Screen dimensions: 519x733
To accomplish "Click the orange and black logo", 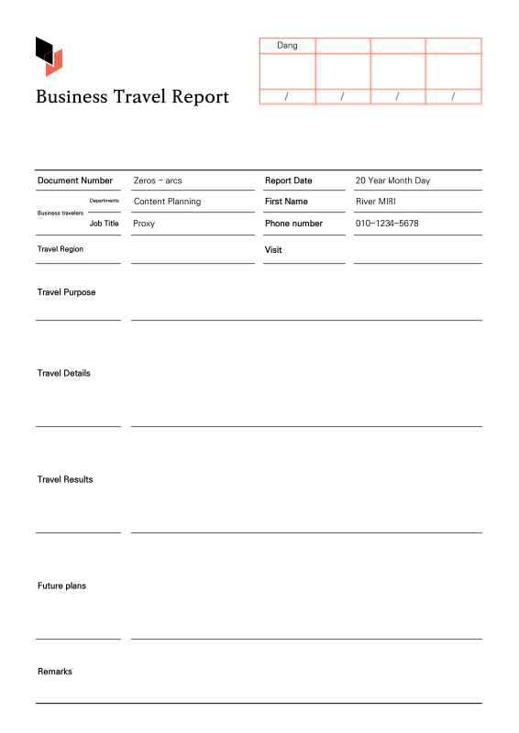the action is point(49,56).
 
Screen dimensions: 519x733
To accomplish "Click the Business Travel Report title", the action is point(132,97).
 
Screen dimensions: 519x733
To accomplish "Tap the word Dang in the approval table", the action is point(287,46).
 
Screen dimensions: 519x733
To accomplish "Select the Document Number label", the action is point(75,181).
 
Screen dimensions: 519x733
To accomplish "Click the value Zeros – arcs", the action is point(158,181).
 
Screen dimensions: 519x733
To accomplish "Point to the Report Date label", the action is point(288,181).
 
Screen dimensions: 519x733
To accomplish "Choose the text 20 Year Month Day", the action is point(392,181).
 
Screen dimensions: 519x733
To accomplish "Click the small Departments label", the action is point(104,200).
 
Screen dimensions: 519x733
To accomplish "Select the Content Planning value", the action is point(167,202).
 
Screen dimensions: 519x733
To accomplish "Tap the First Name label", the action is point(286,202).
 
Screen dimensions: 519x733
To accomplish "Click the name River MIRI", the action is point(375,202).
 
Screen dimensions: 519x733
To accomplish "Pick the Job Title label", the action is point(104,224).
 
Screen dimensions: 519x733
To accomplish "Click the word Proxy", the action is point(144,224).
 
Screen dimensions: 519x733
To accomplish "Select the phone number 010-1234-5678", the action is point(387,224).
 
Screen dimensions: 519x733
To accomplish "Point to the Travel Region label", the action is point(61,249).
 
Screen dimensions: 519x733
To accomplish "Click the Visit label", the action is point(273,250).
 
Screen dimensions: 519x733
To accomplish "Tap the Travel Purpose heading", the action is point(66,292).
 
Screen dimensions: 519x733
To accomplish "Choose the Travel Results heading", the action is point(65,479).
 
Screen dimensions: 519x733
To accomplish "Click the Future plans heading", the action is point(61,585).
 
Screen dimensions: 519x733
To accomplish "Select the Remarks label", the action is point(55,672).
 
